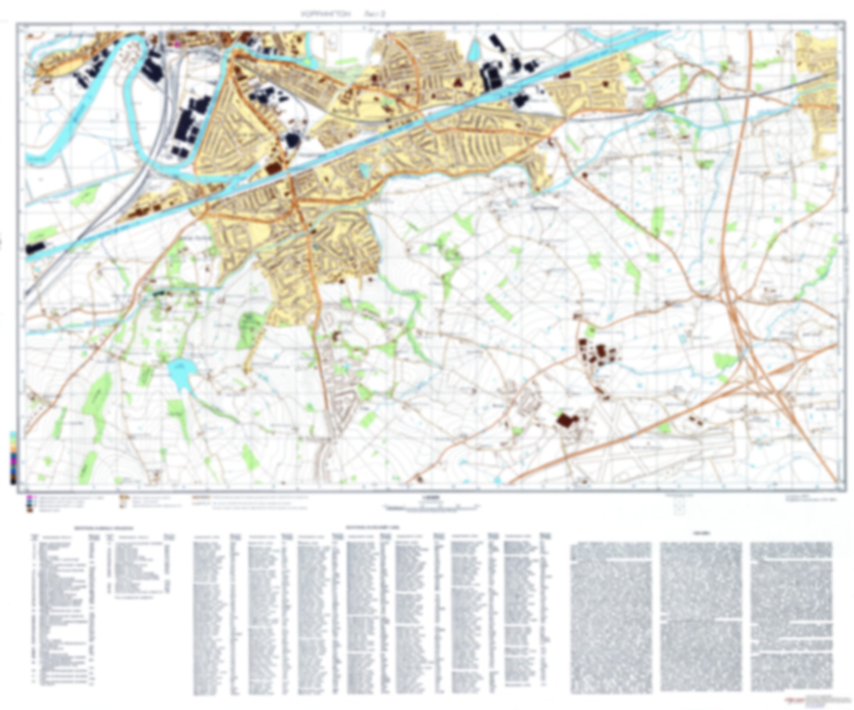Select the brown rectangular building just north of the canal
coord(273,169)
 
